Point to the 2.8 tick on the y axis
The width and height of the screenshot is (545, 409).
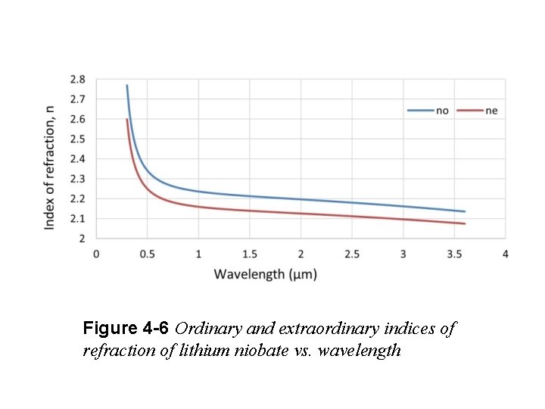(x=78, y=79)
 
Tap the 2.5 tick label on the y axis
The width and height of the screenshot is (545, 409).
(x=78, y=139)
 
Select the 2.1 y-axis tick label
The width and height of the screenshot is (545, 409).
(x=78, y=218)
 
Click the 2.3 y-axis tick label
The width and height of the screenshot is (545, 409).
(x=78, y=179)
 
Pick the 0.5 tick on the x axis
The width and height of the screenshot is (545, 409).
(x=147, y=254)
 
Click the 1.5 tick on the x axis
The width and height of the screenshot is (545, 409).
(x=250, y=254)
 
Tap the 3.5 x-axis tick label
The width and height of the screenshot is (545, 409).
(x=455, y=254)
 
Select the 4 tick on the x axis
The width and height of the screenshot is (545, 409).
(x=506, y=254)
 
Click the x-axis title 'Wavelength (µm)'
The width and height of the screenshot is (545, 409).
(x=265, y=273)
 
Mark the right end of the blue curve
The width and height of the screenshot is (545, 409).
(x=465, y=211)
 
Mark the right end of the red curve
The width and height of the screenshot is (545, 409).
(x=465, y=223)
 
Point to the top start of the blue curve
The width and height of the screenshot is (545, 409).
(x=126, y=86)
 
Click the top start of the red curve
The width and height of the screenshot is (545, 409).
(x=126, y=120)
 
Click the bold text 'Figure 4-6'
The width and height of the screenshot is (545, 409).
(x=127, y=329)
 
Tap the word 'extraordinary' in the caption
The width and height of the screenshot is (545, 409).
(x=319, y=329)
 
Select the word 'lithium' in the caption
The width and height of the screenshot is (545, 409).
(x=199, y=351)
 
